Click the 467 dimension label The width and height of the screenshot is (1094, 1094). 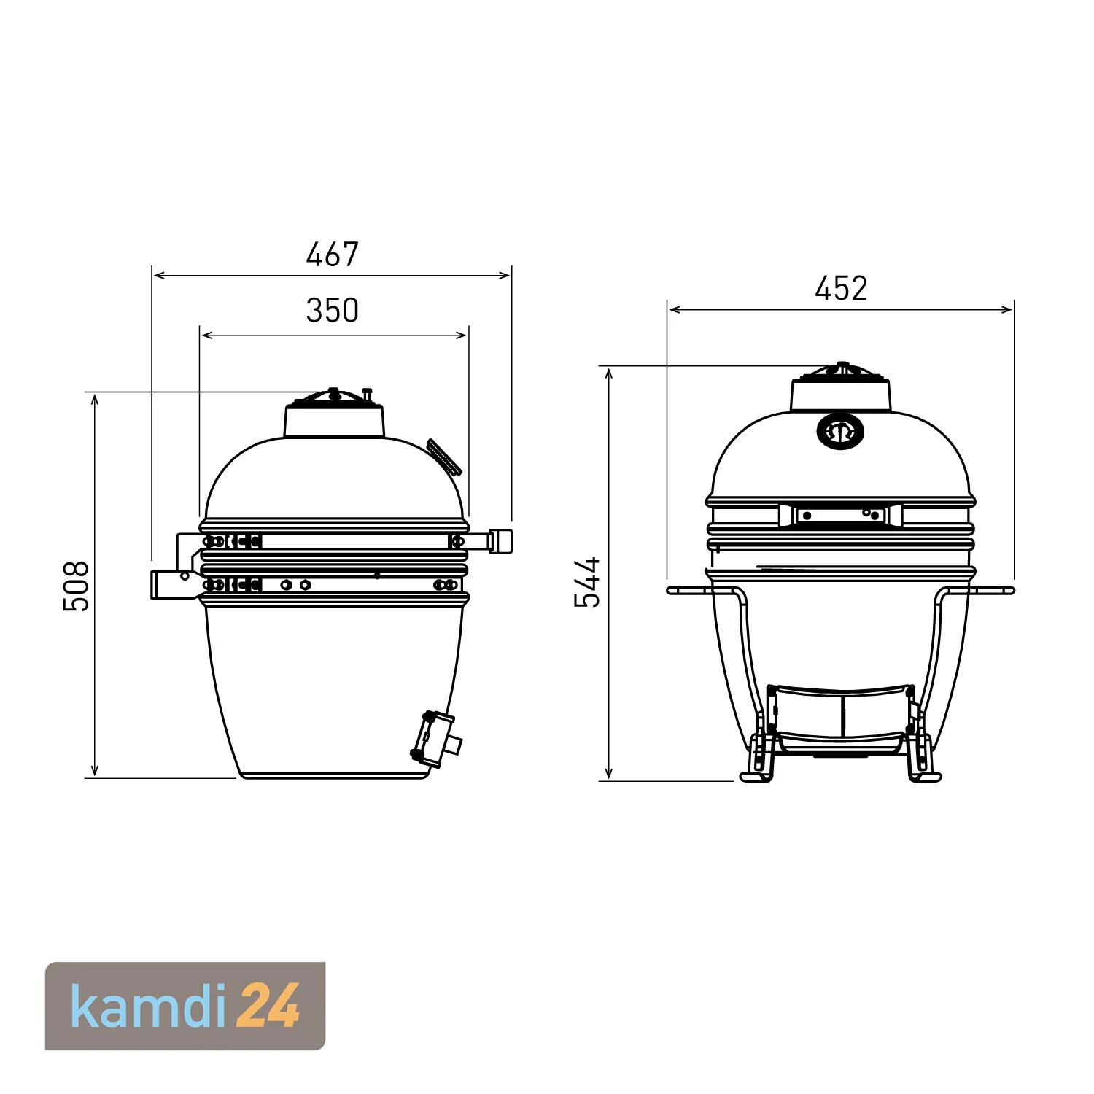pyautogui.click(x=332, y=255)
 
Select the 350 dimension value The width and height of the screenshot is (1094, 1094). pyautogui.click(x=332, y=311)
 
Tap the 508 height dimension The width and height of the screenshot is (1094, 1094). pyautogui.click(x=76, y=586)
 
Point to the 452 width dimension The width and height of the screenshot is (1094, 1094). pyautogui.click(x=841, y=289)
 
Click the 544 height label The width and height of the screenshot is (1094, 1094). pyautogui.click(x=587, y=582)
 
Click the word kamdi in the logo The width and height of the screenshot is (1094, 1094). pyautogui.click(x=150, y=1006)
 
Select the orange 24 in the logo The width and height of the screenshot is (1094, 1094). pyautogui.click(x=269, y=1006)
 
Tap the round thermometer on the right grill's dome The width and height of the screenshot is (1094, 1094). pyautogui.click(x=840, y=432)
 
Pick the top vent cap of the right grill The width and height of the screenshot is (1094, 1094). pyautogui.click(x=841, y=390)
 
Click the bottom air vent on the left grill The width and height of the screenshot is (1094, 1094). pyautogui.click(x=435, y=740)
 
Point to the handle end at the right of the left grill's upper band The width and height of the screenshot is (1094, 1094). pyautogui.click(x=501, y=541)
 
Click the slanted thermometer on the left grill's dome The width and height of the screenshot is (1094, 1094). pyautogui.click(x=444, y=457)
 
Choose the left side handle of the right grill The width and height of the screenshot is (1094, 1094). pyautogui.click(x=689, y=590)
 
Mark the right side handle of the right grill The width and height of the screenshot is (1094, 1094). pyautogui.click(x=992, y=590)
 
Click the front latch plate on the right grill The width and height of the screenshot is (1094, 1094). pyautogui.click(x=840, y=515)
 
